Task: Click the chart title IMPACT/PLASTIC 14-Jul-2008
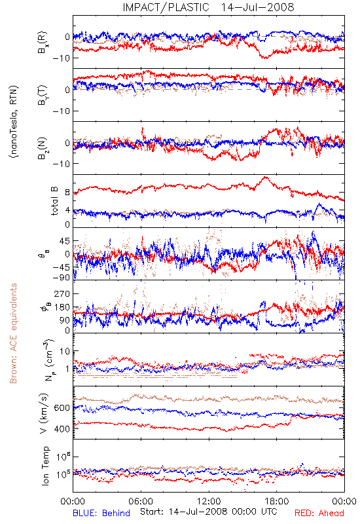click(208, 7)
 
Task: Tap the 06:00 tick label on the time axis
click(141, 501)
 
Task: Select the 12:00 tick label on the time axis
click(209, 501)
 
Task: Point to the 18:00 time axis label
click(277, 501)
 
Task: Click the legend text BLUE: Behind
click(101, 513)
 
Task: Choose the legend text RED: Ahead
click(319, 513)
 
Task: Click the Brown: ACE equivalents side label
click(13, 333)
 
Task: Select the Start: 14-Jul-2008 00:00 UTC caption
click(209, 512)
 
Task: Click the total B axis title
click(54, 201)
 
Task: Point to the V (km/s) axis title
click(44, 413)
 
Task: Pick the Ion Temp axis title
click(45, 466)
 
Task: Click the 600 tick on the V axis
click(62, 408)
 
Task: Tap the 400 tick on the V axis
click(62, 429)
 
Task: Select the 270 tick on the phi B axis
click(62, 293)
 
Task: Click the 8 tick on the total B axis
click(67, 193)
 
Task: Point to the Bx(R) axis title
click(43, 43)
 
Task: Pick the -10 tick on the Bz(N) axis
click(62, 164)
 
